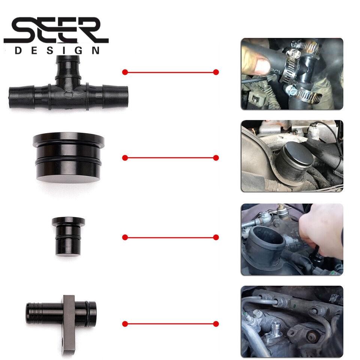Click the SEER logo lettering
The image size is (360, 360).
[56, 30]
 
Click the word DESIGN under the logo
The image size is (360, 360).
[57, 50]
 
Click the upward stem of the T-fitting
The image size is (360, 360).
[68, 69]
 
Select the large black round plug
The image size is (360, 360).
[68, 157]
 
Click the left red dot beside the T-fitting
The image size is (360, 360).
[125, 72]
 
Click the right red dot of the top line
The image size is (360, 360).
[216, 72]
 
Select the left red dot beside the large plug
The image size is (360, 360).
[125, 158]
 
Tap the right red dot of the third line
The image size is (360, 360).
[216, 237]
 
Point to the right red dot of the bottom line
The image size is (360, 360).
[216, 324]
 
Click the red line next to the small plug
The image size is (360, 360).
[170, 237]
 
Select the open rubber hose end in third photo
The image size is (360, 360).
[267, 239]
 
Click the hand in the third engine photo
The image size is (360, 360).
[321, 232]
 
